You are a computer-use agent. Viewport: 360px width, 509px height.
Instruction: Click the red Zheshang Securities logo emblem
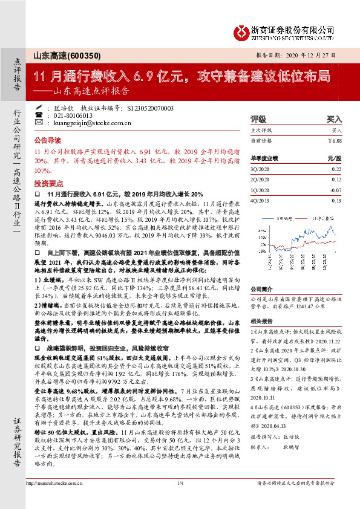tap(242, 30)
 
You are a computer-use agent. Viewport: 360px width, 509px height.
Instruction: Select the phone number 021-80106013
tap(73, 115)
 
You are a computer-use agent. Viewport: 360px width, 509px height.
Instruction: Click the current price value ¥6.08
tap(335, 140)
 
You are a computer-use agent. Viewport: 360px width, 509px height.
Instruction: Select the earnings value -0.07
tap(336, 190)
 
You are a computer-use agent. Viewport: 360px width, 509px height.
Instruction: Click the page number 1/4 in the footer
tap(180, 499)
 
